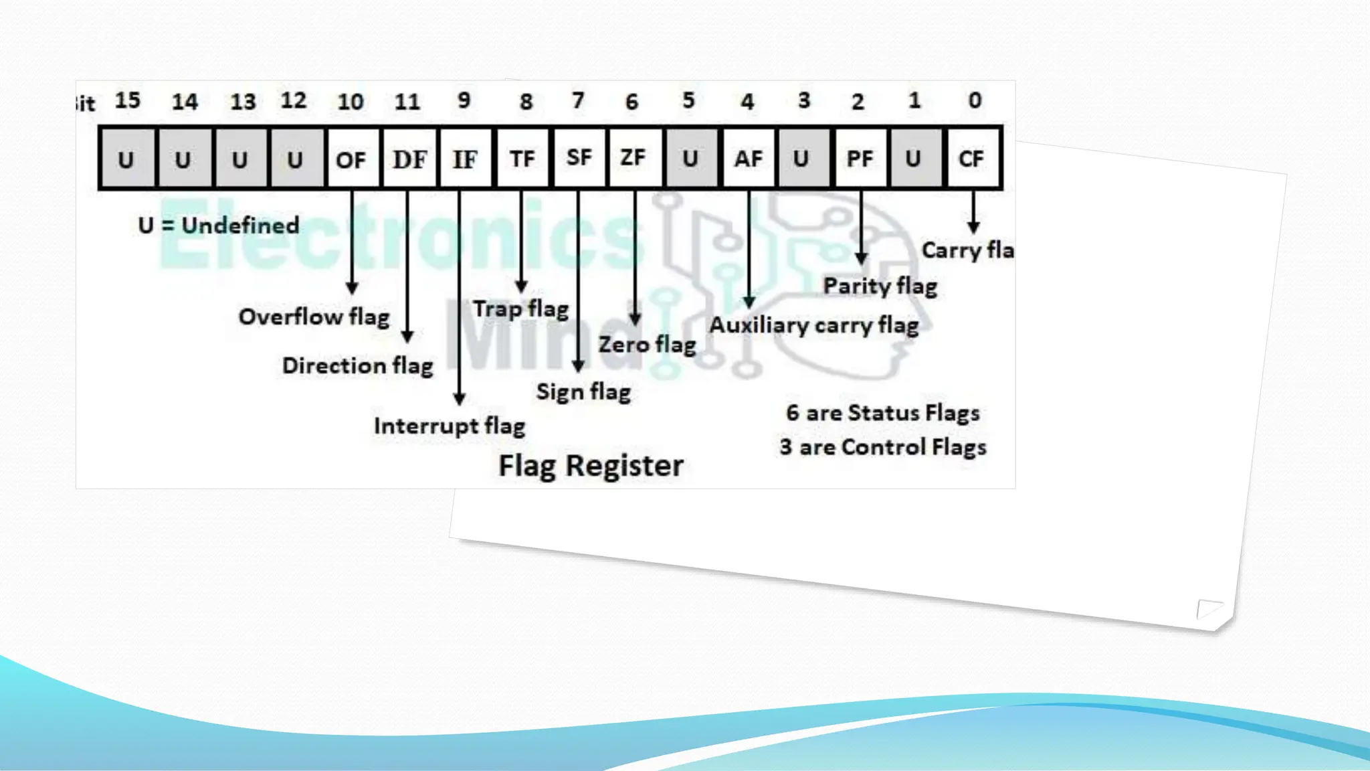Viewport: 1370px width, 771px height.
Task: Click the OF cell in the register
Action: (351, 159)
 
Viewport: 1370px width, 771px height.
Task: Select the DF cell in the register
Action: (409, 159)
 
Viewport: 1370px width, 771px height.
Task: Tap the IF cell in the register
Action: (465, 159)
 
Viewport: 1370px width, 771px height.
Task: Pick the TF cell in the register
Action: (522, 159)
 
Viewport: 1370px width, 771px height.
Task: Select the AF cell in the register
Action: (748, 159)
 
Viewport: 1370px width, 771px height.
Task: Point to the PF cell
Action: (860, 159)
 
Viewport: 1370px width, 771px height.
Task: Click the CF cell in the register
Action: (971, 159)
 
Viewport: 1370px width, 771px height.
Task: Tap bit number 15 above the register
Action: (128, 100)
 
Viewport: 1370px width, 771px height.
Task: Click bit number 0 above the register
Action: (975, 100)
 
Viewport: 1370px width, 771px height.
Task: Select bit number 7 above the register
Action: (578, 100)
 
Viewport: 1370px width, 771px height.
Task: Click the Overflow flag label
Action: (314, 317)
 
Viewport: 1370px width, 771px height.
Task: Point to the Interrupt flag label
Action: (450, 426)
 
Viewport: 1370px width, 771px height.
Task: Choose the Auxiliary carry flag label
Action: (814, 325)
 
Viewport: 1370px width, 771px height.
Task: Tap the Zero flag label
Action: (647, 345)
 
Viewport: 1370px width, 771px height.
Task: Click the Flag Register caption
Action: (591, 466)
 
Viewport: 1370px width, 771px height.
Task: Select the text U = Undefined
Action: (219, 226)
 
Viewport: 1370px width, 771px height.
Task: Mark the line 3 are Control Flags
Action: (883, 447)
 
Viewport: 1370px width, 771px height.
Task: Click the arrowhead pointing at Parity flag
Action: (862, 258)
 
